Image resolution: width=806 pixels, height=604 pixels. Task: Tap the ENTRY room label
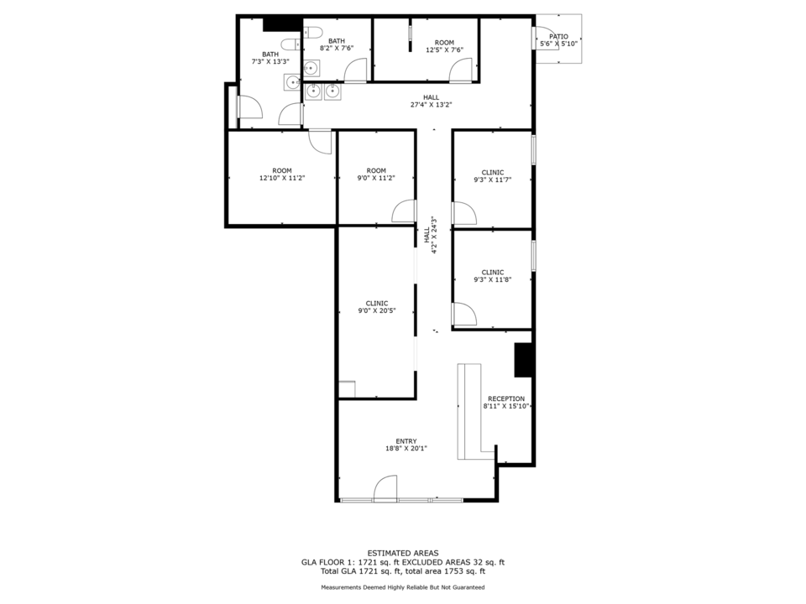pyautogui.click(x=406, y=445)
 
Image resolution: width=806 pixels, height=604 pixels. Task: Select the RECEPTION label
pyautogui.click(x=506, y=402)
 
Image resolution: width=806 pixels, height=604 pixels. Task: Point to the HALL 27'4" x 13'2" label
pyautogui.click(x=432, y=102)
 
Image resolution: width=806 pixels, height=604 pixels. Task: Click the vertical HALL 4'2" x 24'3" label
pyautogui.click(x=430, y=235)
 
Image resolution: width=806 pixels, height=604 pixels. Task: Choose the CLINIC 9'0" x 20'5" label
pyautogui.click(x=377, y=307)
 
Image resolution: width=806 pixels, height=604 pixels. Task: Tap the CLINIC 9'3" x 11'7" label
pyautogui.click(x=493, y=176)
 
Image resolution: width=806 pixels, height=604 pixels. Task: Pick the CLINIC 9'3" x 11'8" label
pyautogui.click(x=493, y=276)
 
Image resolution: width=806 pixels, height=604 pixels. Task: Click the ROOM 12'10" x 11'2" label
pyautogui.click(x=282, y=174)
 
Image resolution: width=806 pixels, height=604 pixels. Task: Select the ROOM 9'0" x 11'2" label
pyautogui.click(x=376, y=174)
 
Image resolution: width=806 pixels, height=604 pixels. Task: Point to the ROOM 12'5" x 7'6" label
pyautogui.click(x=445, y=46)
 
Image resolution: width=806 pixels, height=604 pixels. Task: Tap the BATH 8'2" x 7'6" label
pyautogui.click(x=337, y=44)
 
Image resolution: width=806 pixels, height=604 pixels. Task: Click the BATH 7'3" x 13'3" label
pyautogui.click(x=270, y=58)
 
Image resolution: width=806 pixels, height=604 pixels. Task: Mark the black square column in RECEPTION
pyautogui.click(x=523, y=360)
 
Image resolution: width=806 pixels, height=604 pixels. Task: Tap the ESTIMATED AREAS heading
pyautogui.click(x=403, y=553)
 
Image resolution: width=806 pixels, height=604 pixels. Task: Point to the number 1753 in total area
pyautogui.click(x=454, y=570)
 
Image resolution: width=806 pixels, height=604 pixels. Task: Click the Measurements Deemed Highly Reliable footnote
pyautogui.click(x=403, y=587)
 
